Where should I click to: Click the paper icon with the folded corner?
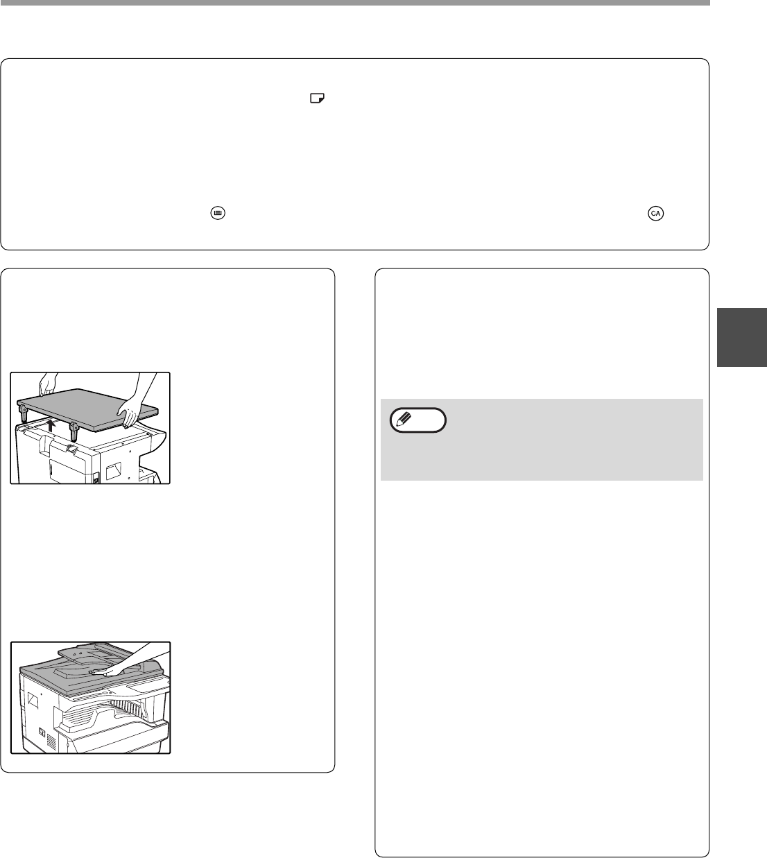(317, 98)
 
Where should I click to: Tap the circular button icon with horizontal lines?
(218, 213)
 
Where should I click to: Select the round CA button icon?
(655, 213)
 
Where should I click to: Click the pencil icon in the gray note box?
(403, 419)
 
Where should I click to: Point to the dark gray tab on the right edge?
(741, 337)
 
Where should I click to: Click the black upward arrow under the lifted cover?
(51, 425)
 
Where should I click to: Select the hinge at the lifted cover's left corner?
(24, 413)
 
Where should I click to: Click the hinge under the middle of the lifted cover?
(74, 431)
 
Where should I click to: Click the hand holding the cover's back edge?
(46, 384)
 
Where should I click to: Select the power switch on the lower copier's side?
(42, 731)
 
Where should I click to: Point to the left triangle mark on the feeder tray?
(74, 654)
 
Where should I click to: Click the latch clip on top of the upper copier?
(71, 448)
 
